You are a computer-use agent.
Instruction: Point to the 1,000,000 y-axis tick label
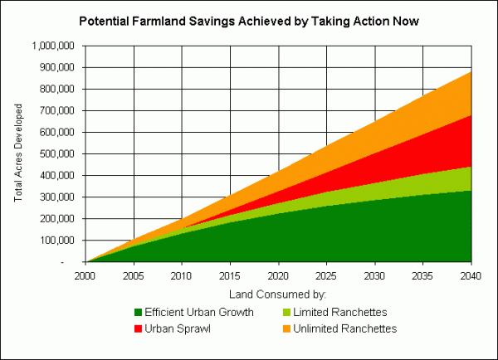point(53,46)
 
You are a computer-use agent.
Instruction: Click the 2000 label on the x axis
point(85,275)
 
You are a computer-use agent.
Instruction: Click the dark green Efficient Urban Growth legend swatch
point(137,313)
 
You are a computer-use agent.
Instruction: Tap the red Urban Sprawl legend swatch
point(137,329)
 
